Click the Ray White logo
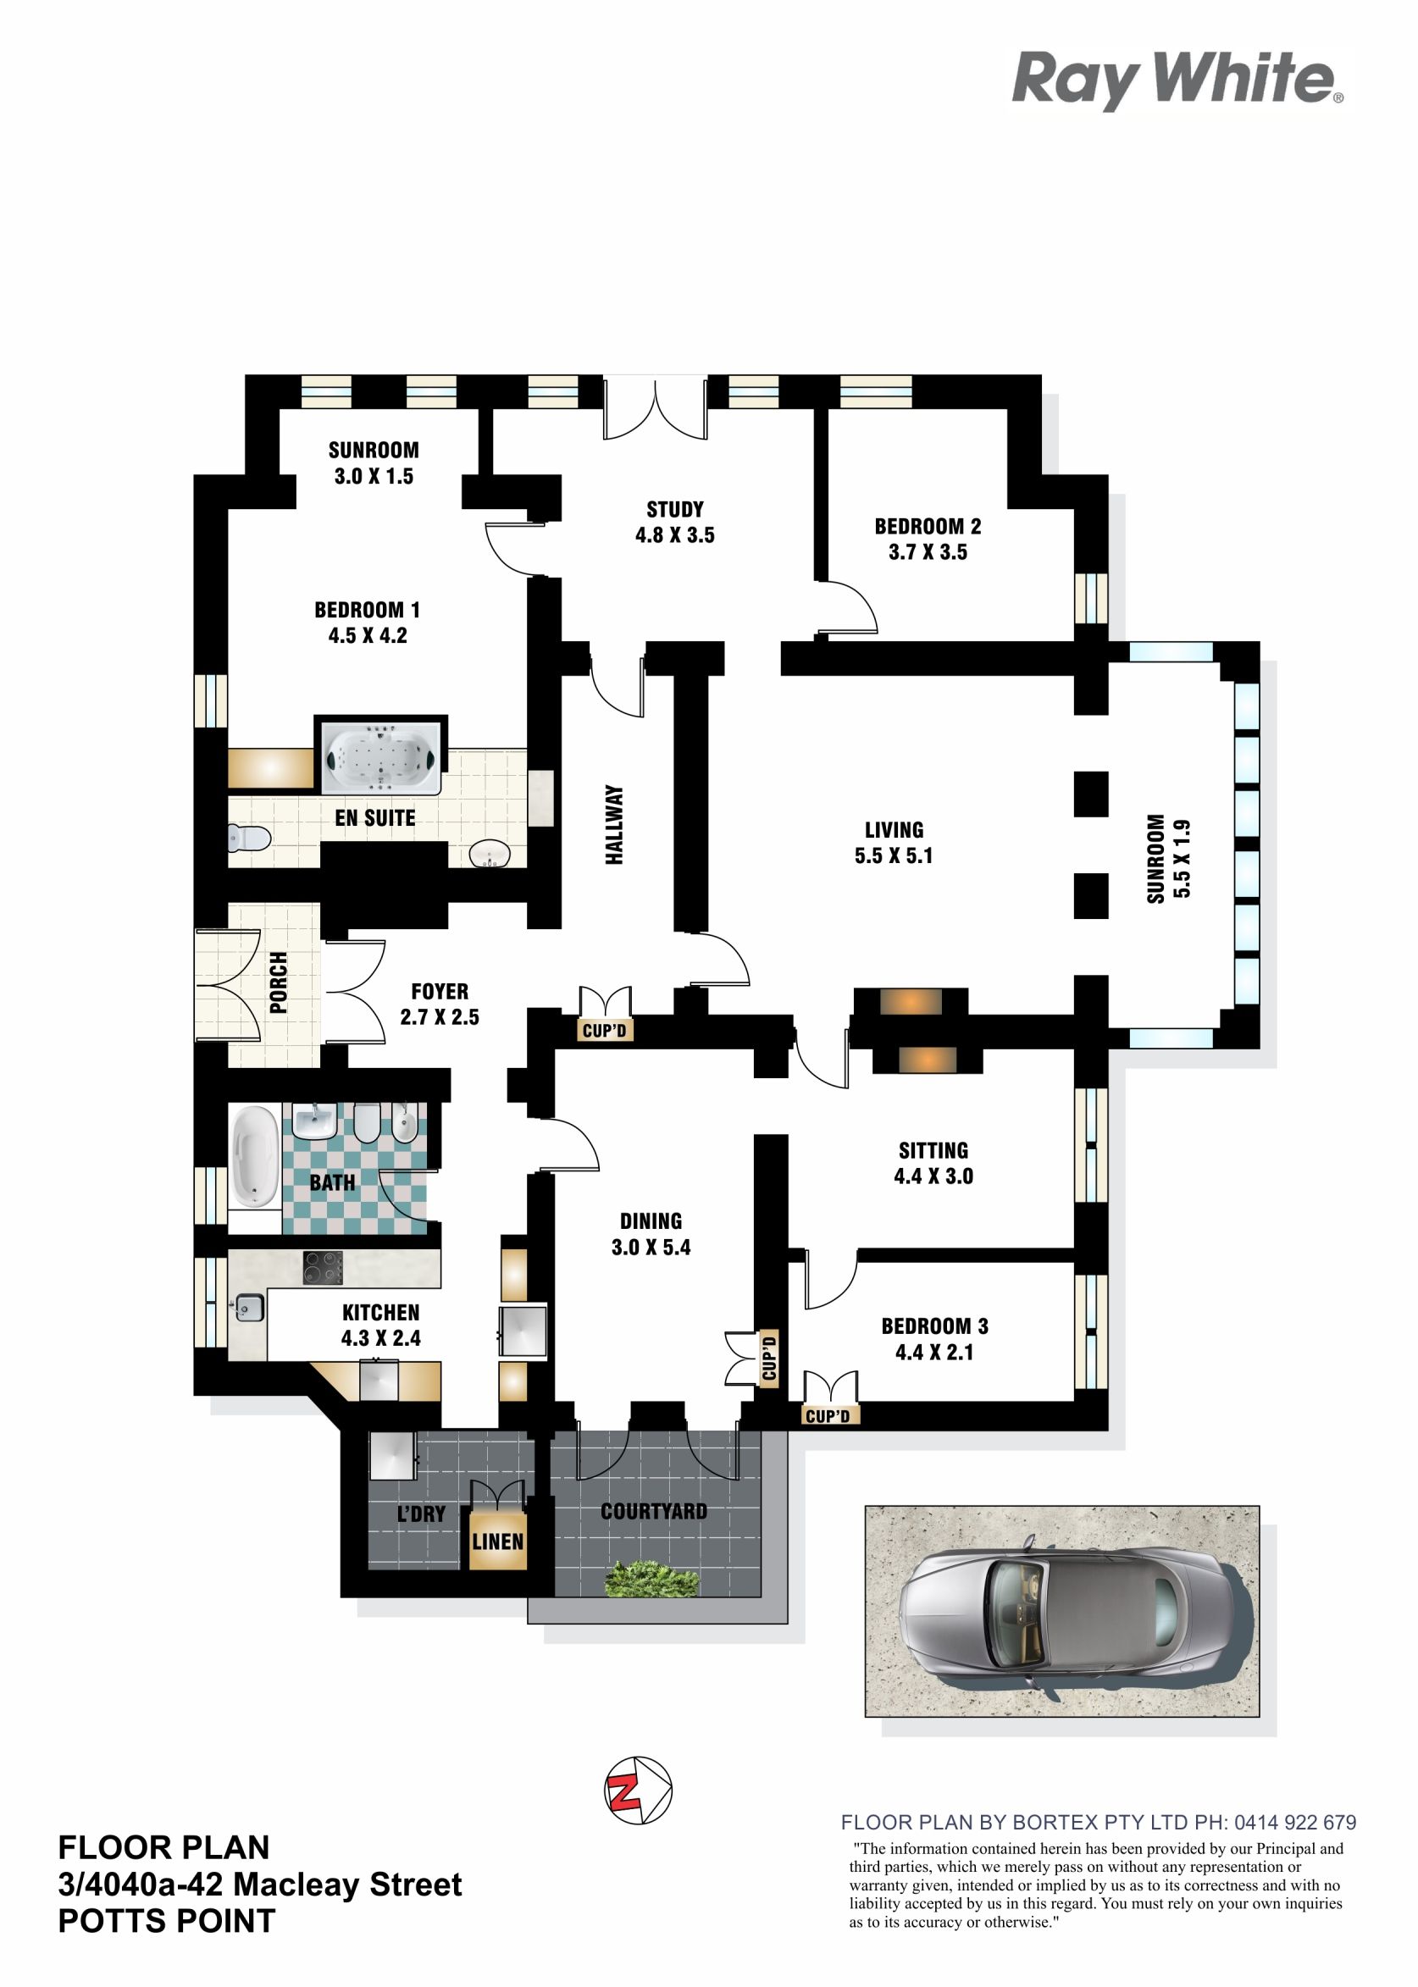(x=1177, y=80)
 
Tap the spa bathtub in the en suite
(x=384, y=757)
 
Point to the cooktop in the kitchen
(x=322, y=1268)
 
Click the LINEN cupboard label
(x=498, y=1541)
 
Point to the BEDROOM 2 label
(x=928, y=527)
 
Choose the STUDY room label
(x=675, y=509)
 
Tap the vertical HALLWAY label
(x=615, y=825)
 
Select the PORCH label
(x=279, y=982)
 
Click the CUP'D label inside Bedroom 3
(x=828, y=1415)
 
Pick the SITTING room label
(x=933, y=1151)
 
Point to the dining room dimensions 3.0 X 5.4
(x=651, y=1248)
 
